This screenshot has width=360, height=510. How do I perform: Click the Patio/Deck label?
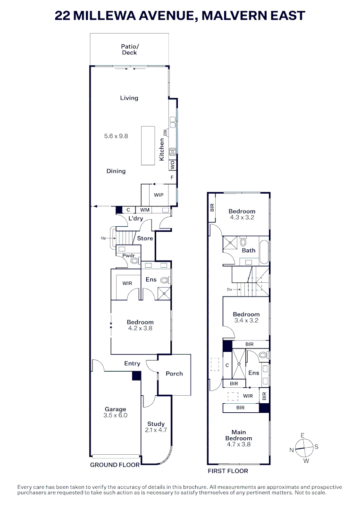pos(129,50)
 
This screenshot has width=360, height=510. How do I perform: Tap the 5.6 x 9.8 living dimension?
pos(116,136)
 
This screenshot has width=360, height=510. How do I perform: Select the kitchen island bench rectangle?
pos(147,145)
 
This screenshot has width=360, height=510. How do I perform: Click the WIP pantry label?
pos(159,195)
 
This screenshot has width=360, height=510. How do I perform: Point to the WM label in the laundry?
pos(144,210)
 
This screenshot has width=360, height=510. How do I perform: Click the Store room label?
pos(145,238)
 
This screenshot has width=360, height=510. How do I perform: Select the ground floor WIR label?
pos(127,283)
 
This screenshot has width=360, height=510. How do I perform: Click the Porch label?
pos(174,374)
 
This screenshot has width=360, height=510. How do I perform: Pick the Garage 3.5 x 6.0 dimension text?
pos(116,416)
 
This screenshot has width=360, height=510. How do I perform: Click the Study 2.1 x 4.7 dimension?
pos(156,430)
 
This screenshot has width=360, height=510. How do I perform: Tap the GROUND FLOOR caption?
pos(115,465)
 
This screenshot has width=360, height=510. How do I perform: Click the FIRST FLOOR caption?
pos(228,471)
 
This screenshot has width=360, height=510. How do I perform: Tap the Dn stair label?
pos(230,289)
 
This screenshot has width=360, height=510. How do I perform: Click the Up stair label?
pos(103,238)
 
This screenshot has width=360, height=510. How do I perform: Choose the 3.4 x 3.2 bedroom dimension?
pos(246,320)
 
